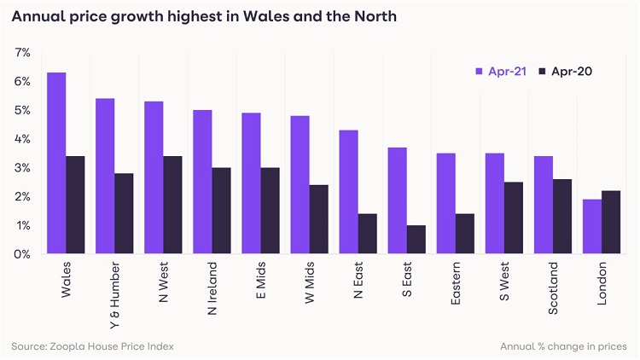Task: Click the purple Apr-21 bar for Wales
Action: (x=56, y=163)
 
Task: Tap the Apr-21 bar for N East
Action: (x=349, y=192)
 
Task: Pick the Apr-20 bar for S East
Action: (x=416, y=239)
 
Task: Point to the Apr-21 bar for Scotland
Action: (x=544, y=205)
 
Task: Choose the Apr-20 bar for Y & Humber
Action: (x=124, y=213)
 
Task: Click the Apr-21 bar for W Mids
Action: (x=300, y=184)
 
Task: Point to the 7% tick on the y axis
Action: (x=22, y=53)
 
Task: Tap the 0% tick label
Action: (x=22, y=254)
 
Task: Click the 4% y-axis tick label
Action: (x=22, y=139)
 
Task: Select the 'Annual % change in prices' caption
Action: (x=563, y=346)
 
